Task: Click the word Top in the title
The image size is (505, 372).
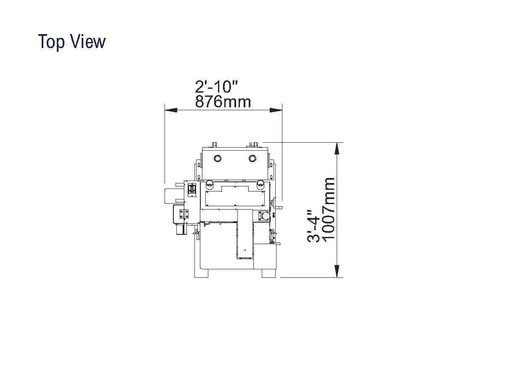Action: [x=51, y=42]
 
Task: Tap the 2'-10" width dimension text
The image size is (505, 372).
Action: [x=216, y=87]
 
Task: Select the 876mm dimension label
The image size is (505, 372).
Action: [x=223, y=102]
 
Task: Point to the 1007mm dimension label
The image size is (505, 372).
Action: [x=329, y=210]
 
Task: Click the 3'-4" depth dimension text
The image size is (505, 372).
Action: [x=314, y=226]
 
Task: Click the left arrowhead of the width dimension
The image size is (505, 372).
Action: [x=171, y=110]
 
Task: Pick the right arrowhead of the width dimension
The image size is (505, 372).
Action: [x=276, y=110]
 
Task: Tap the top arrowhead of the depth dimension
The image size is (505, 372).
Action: [x=337, y=149]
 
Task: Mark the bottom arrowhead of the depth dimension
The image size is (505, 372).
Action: [x=337, y=271]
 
